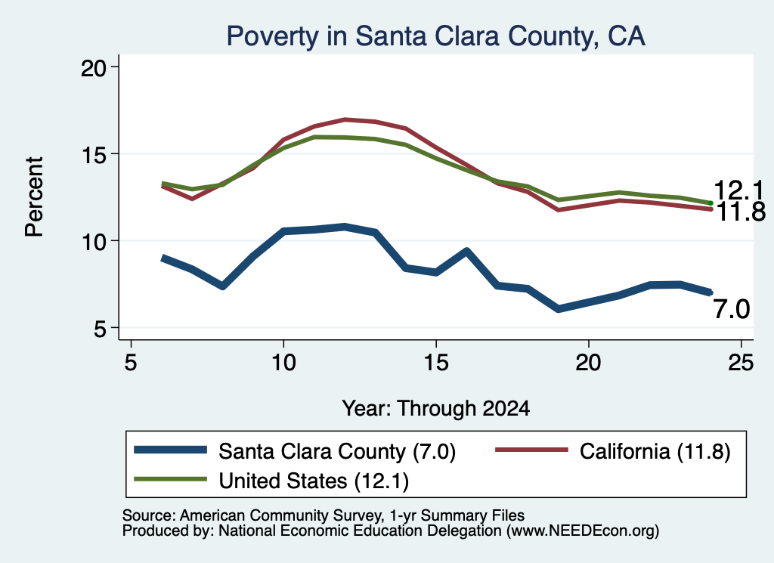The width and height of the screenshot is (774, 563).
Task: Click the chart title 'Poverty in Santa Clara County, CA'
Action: [x=435, y=36]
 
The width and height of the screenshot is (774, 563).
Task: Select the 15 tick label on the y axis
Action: [x=94, y=155]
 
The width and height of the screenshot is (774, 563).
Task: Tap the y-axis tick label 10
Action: [x=94, y=242]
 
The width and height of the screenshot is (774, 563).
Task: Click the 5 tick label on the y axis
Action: [x=101, y=329]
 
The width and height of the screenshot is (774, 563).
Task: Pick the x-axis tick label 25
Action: [x=741, y=363]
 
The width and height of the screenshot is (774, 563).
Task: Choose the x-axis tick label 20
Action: [x=588, y=363]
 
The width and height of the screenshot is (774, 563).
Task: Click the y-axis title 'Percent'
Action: [x=35, y=196]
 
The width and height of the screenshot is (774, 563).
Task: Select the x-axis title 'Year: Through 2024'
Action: [x=436, y=409]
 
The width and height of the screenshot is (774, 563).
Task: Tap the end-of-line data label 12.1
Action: [x=738, y=190]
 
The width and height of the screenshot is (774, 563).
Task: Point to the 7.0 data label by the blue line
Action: [x=732, y=309]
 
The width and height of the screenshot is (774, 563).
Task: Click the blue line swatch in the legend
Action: [x=170, y=450]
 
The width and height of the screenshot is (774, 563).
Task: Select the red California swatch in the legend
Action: [x=531, y=450]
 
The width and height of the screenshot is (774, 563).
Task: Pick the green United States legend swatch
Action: [x=170, y=478]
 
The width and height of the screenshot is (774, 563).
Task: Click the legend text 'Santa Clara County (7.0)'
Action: [x=337, y=451]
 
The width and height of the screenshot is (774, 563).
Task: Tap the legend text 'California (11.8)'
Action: [x=655, y=451]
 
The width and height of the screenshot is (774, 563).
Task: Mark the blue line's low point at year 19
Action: [x=559, y=308]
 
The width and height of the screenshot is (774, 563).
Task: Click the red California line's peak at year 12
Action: [x=345, y=120]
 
